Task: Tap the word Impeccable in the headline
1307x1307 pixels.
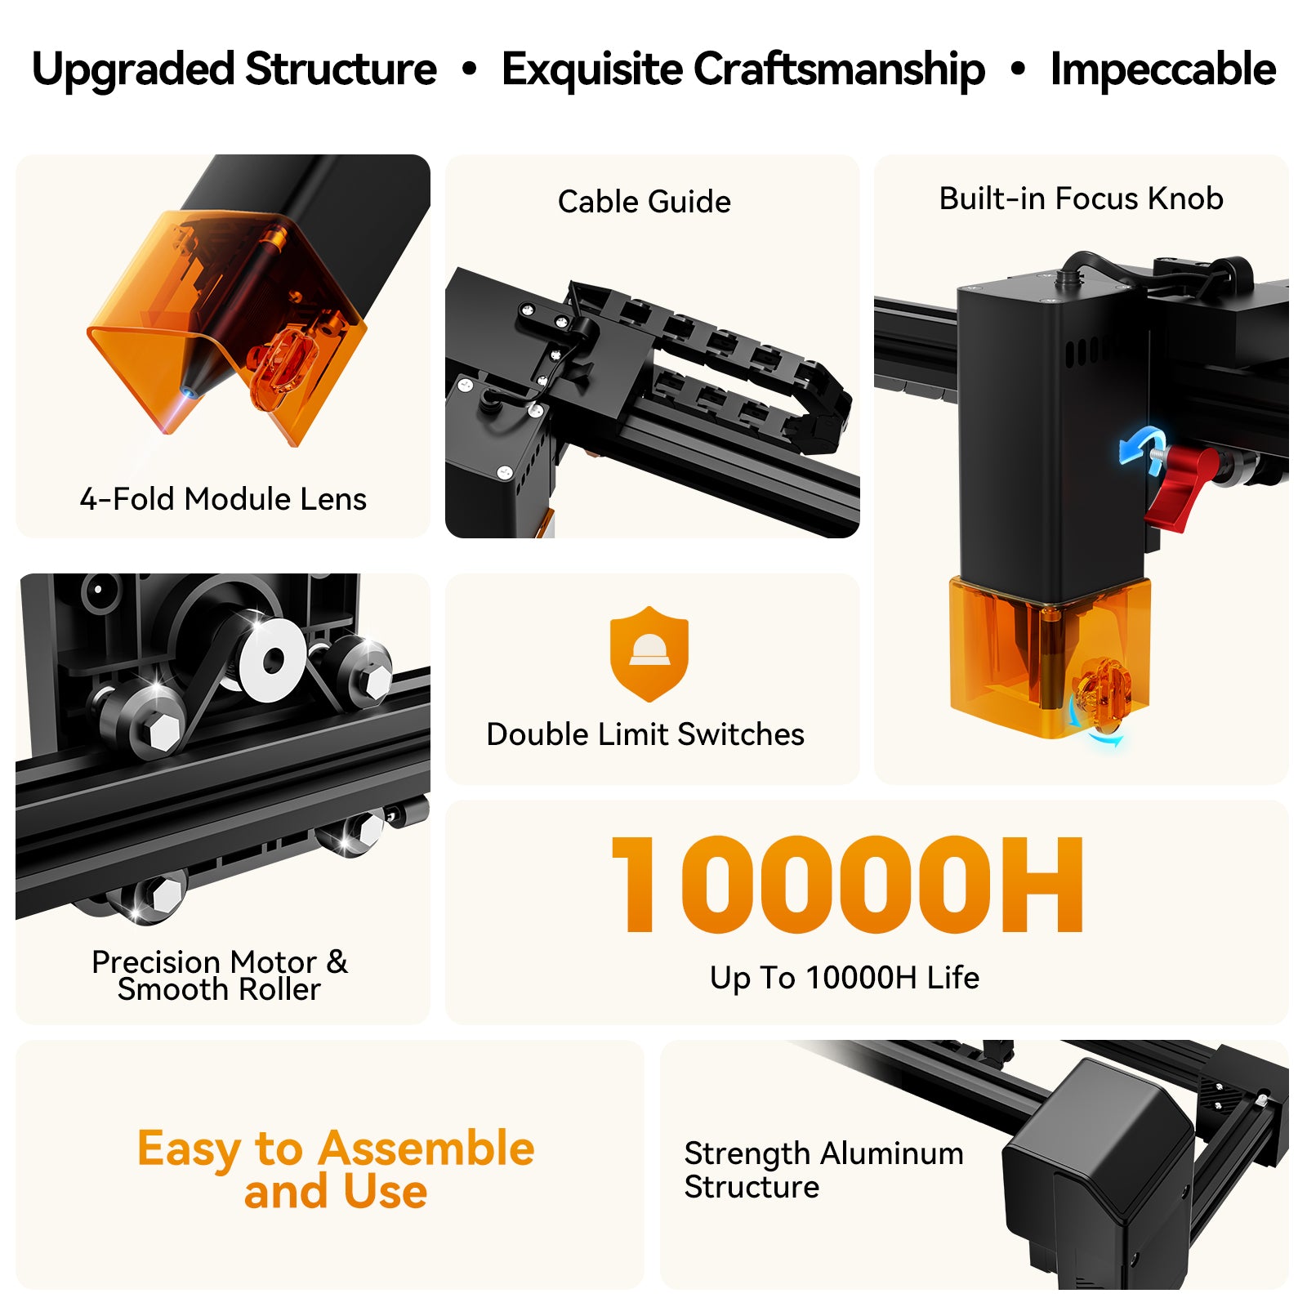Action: tap(1162, 69)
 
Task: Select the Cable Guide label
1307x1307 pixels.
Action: tap(644, 202)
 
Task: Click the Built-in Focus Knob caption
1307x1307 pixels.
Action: tap(1081, 199)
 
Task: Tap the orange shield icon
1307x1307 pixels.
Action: tap(649, 654)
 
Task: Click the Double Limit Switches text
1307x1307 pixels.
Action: tap(645, 734)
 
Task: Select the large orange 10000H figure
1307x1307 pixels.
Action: tap(848, 884)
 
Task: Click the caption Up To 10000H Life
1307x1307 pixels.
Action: tap(844, 978)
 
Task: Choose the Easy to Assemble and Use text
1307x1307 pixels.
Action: tap(336, 1169)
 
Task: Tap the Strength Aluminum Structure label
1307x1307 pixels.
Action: tap(823, 1170)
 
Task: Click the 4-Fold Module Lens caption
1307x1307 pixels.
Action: tap(223, 499)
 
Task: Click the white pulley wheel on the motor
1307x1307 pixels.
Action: tap(273, 659)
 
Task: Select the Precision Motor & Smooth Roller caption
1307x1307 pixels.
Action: tap(219, 975)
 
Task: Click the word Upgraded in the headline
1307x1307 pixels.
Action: tap(133, 70)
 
